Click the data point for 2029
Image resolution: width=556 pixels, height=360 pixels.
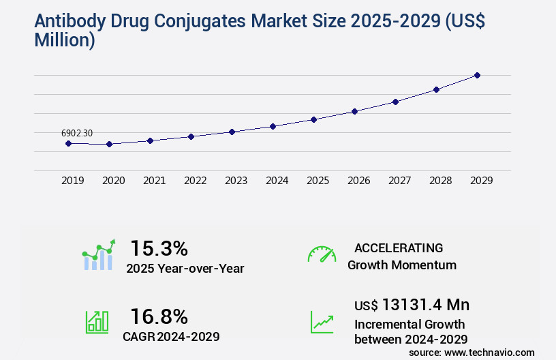477,75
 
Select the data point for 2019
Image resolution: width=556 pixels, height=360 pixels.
68,143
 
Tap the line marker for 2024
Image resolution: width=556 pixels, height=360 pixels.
273,126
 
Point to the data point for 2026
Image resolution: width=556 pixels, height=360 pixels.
354,111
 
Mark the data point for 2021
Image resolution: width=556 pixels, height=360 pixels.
150,140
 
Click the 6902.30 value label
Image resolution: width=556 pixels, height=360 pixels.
77,133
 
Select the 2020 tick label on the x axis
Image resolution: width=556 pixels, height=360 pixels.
113,181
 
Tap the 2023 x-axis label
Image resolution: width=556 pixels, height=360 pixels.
236,181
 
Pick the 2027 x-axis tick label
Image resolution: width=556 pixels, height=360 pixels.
399,181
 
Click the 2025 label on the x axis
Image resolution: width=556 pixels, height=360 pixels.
318,181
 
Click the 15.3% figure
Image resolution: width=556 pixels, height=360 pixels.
159,248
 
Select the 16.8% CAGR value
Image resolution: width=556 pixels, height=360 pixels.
159,316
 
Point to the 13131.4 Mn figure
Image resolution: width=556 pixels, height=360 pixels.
425,305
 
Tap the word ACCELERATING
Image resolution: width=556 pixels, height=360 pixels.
399,247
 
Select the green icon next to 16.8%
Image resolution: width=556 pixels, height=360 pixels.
97,322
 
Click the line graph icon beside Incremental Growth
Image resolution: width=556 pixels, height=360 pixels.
322,322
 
